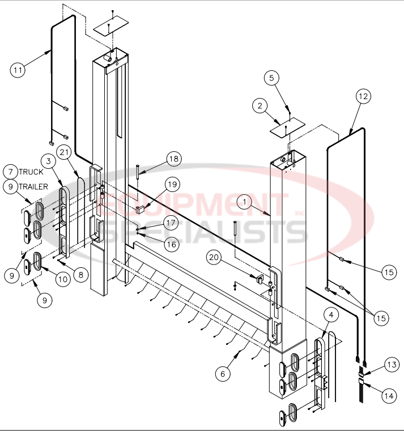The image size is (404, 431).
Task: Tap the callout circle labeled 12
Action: pos(363,96)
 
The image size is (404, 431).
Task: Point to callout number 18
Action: pos(173,159)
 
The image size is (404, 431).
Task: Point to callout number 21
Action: pos(65,152)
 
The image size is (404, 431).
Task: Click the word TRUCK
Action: pos(31,171)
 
